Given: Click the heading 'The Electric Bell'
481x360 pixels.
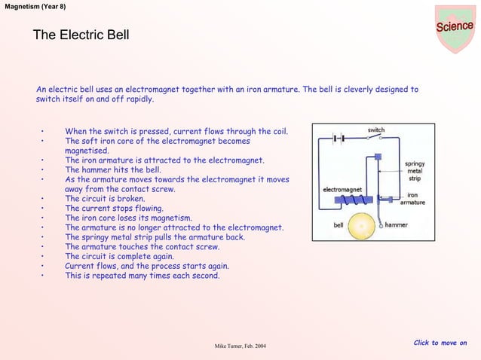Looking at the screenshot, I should (x=81, y=35).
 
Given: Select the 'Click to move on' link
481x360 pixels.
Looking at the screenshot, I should (x=440, y=343).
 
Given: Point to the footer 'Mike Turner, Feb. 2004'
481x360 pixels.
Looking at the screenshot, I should (x=240, y=346).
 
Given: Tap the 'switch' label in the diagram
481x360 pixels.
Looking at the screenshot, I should (x=375, y=130).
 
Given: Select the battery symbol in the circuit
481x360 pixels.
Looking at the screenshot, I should (x=339, y=139).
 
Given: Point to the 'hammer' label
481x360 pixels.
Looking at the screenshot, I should (x=397, y=225).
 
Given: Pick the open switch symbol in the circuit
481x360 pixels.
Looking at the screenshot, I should (x=375, y=138).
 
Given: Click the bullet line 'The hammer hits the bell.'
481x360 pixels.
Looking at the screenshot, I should (x=112, y=170).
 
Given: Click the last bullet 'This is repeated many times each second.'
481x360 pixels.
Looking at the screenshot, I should (x=142, y=276).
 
